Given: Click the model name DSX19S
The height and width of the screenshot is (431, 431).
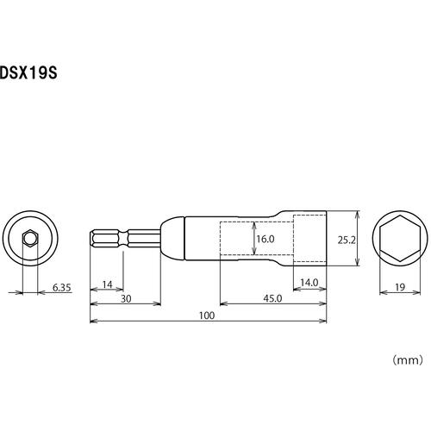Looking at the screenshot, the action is [x=28, y=73].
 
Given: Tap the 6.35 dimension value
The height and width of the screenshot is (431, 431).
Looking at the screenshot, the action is [x=61, y=287].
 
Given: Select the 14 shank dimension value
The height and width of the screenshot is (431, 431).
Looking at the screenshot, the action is [x=107, y=284].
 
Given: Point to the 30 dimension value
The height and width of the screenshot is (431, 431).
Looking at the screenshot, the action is [x=126, y=299].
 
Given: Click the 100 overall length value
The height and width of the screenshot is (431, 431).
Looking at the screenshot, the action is [x=207, y=315].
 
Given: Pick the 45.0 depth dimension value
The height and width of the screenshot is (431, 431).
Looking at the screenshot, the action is [x=272, y=298].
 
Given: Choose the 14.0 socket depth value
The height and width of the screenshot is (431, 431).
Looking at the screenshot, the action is [x=309, y=283].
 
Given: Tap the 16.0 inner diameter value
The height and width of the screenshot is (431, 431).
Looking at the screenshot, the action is [x=265, y=239].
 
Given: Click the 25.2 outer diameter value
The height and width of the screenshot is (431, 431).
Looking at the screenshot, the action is [x=347, y=240].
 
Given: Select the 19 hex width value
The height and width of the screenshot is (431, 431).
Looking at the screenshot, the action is [x=400, y=287].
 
